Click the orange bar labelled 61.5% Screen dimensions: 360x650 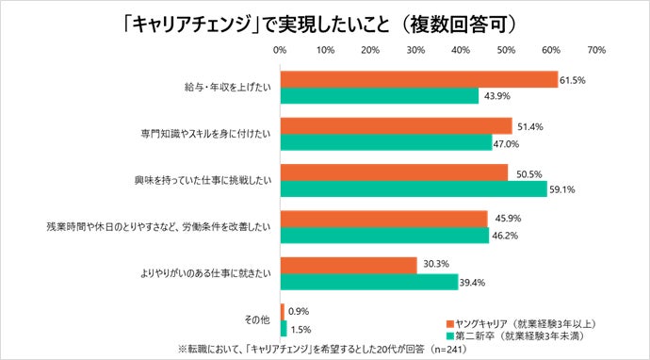pos(419,79)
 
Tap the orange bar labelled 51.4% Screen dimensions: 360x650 pos(397,125)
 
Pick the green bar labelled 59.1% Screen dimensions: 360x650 pos(414,188)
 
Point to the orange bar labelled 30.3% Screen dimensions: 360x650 pos(349,266)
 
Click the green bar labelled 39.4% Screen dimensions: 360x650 pos(369,281)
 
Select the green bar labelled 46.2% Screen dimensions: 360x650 pos(384,235)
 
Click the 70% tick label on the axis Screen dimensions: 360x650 pos(595,48)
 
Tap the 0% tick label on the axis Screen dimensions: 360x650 pos(280,48)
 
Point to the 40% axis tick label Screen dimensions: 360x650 pos(461,48)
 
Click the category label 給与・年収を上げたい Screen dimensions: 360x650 pos(228,87)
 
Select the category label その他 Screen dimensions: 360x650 pos(257,320)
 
